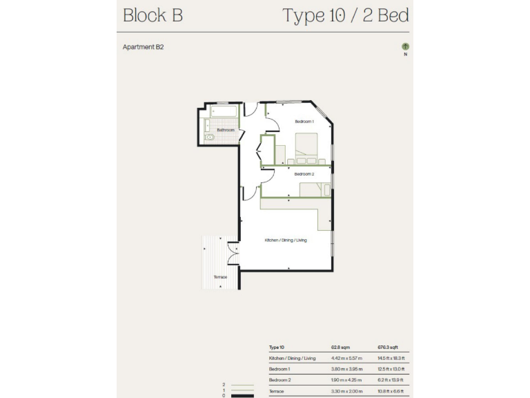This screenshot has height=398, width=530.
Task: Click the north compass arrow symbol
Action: [405, 47]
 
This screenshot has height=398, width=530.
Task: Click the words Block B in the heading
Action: [153, 16]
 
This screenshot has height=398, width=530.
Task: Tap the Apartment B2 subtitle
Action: [143, 48]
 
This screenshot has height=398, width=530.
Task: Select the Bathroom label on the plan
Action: [226, 130]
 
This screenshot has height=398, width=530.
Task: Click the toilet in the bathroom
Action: [210, 138]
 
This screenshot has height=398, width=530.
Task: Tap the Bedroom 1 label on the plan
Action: [304, 122]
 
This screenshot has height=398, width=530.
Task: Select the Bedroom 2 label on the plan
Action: [304, 174]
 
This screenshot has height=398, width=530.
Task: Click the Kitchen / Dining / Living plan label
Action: [286, 240]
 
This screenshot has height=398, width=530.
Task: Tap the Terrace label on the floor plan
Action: [219, 277]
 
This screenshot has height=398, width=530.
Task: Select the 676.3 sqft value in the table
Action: [386, 348]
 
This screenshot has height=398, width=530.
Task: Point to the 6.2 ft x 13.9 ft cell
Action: [391, 380]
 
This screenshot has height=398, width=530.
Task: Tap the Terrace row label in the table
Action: [277, 391]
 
